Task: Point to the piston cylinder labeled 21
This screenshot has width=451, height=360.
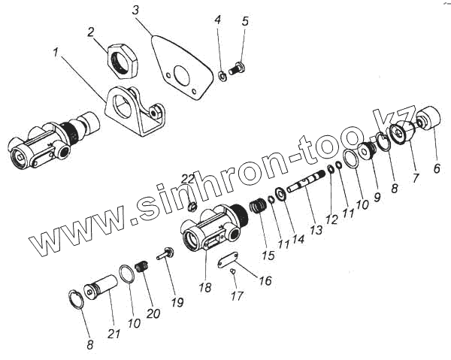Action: (101, 288)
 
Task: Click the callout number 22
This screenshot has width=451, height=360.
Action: (188, 178)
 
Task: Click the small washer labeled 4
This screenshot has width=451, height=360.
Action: (222, 74)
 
